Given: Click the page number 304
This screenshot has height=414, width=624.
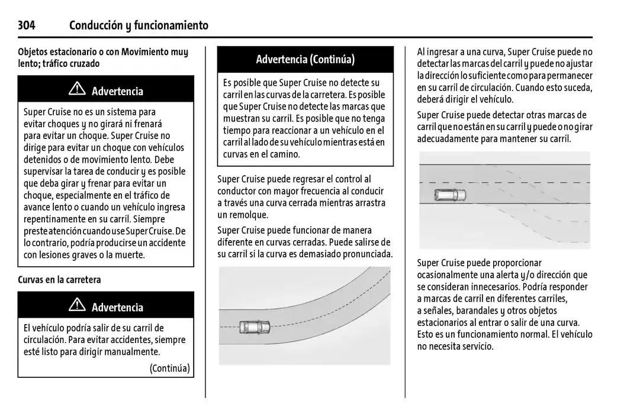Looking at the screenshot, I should (x=27, y=25).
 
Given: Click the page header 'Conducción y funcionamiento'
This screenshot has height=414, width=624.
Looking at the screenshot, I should (x=139, y=25).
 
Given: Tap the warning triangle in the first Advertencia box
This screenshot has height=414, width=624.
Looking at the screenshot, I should (x=77, y=90).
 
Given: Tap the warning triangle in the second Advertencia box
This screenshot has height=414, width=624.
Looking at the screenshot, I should (x=77, y=306).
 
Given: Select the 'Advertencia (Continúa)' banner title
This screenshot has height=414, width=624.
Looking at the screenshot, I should (x=305, y=59).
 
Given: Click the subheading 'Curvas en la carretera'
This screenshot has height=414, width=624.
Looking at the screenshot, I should (x=59, y=280).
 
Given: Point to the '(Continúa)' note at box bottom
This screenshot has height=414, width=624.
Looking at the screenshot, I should (x=169, y=368).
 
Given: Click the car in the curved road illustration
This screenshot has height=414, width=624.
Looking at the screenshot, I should (x=254, y=326).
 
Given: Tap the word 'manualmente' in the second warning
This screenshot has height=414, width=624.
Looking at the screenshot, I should (x=133, y=351).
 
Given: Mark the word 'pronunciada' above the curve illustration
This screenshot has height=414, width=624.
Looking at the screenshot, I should (x=368, y=254).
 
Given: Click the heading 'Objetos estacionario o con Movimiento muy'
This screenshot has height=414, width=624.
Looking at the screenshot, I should (x=103, y=52).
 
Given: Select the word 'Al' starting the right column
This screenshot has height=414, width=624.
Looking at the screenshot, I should (x=422, y=52).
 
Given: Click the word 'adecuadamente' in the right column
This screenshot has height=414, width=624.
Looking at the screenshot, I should (x=447, y=138).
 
